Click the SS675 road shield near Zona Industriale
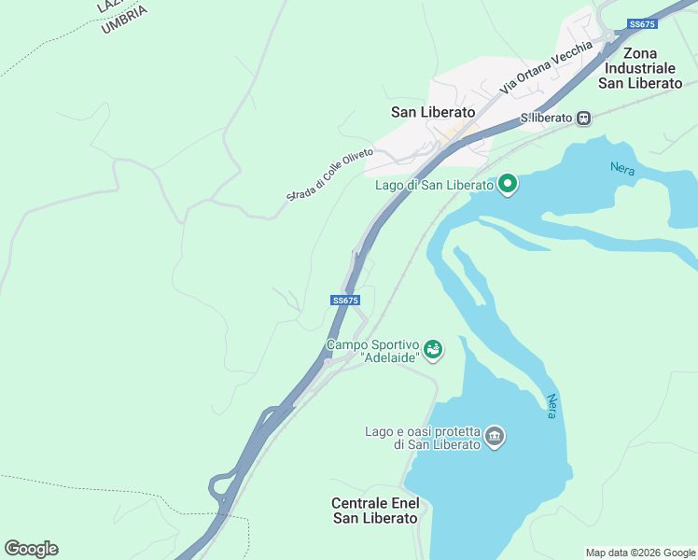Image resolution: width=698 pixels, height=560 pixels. pyautogui.click(x=642, y=24)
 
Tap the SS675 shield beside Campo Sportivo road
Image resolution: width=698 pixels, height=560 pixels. pyautogui.click(x=345, y=301)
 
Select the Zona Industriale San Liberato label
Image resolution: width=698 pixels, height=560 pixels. pyautogui.click(x=640, y=68)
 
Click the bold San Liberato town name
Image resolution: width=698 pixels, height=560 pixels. pyautogui.click(x=433, y=112)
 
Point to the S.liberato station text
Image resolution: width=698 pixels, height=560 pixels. pyautogui.click(x=546, y=119)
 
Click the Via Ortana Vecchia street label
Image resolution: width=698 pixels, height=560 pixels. pyautogui.click(x=545, y=67)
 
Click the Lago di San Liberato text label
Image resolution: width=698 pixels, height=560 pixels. pyautogui.click(x=434, y=185)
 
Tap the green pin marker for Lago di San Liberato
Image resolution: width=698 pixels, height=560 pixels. pyautogui.click(x=508, y=184)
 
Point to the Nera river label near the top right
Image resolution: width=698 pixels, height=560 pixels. pyautogui.click(x=621, y=169)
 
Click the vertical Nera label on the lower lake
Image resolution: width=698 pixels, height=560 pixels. pyautogui.click(x=551, y=404)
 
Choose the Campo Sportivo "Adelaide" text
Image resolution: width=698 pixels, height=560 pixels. pyautogui.click(x=371, y=352)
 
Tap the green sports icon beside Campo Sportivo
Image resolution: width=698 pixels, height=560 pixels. pyautogui.click(x=432, y=350)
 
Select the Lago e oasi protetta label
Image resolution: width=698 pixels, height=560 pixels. pyautogui.click(x=423, y=438)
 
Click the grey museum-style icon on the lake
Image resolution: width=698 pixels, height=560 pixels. pyautogui.click(x=495, y=436)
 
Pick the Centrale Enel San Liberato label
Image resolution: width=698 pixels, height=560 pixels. pyautogui.click(x=375, y=511)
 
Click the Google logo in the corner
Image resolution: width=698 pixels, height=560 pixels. pyautogui.click(x=31, y=549)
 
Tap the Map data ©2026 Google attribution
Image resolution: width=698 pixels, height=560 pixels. pyautogui.click(x=640, y=553)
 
